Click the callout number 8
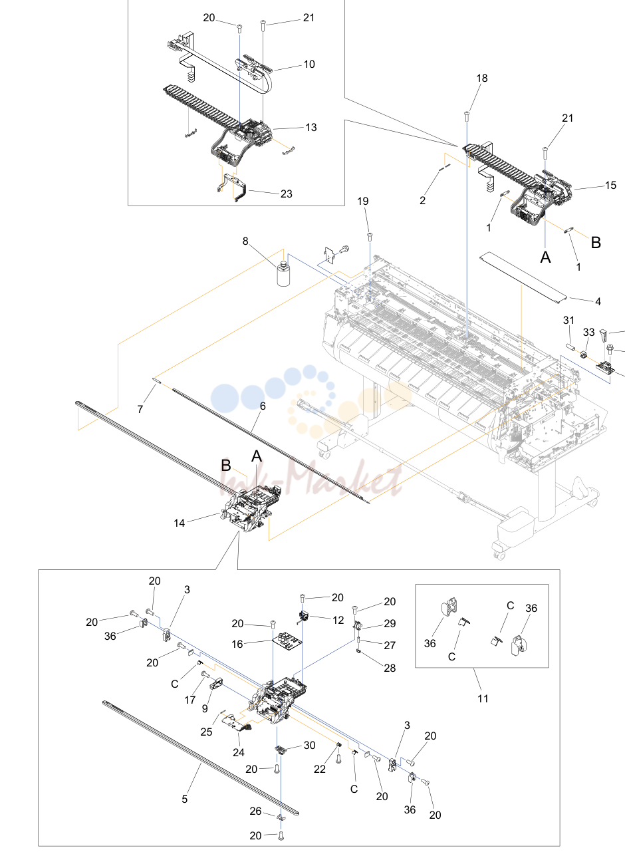245,241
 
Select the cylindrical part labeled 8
284,273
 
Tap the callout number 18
482,78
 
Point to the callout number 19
363,201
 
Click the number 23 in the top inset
287,194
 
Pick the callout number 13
311,128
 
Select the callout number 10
309,64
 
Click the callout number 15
610,185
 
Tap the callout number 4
598,302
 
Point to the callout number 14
180,523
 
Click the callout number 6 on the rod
263,406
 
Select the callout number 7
140,409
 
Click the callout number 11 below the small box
483,698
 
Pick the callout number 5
185,799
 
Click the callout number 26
256,811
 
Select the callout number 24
239,752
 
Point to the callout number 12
338,620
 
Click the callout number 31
568,320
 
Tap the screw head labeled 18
467,114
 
